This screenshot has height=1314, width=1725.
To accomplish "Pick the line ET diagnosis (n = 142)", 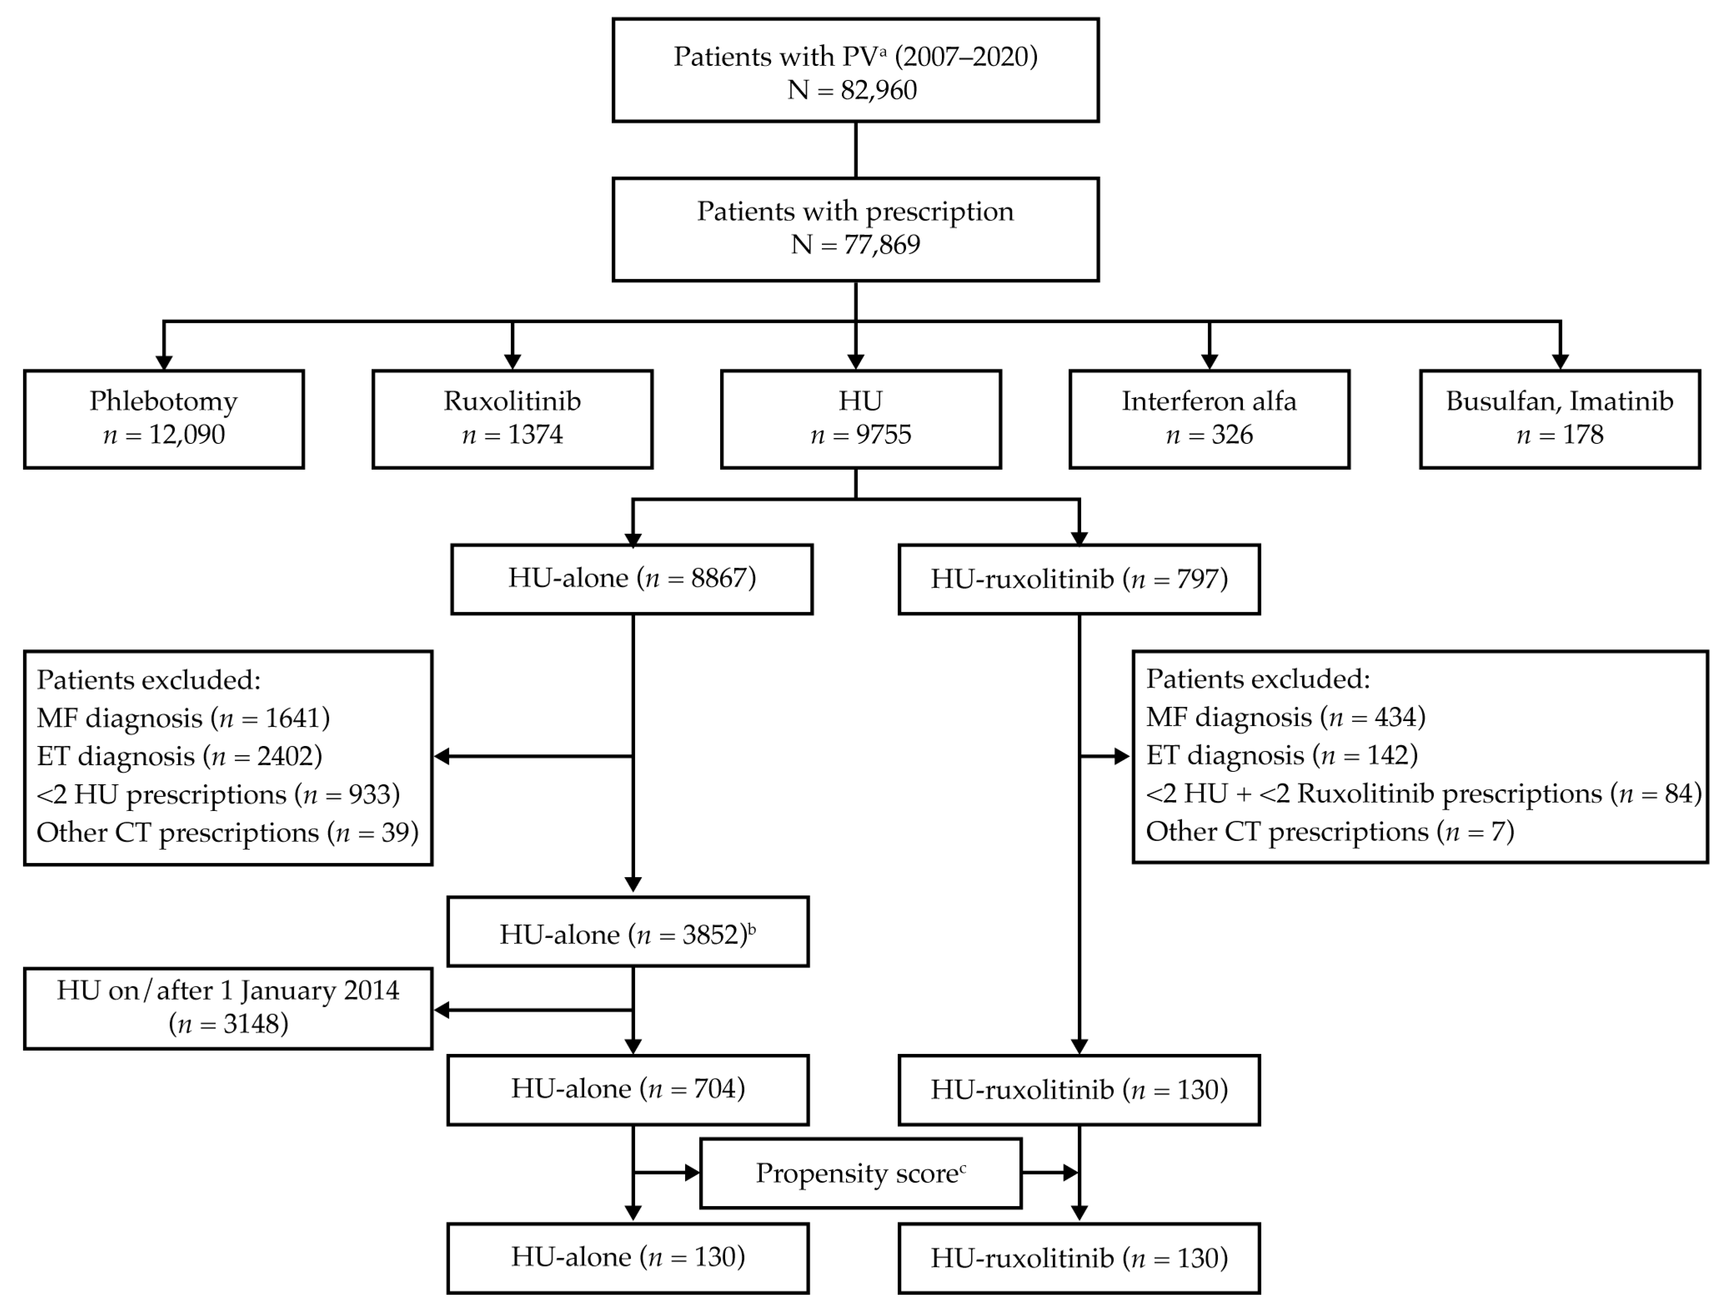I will [1282, 755].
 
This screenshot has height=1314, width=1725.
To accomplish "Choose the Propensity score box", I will [860, 1173].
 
